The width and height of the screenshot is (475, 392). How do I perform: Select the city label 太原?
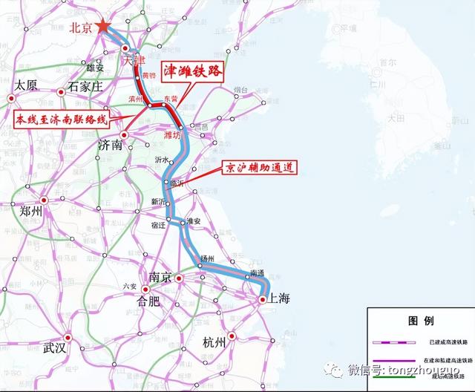[27, 85]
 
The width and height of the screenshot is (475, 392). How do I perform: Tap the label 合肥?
[148, 301]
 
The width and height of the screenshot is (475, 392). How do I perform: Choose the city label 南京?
[161, 277]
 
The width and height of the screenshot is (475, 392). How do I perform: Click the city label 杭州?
[217, 342]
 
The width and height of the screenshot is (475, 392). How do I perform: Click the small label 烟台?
[240, 90]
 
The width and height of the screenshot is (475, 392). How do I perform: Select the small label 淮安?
[194, 221]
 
